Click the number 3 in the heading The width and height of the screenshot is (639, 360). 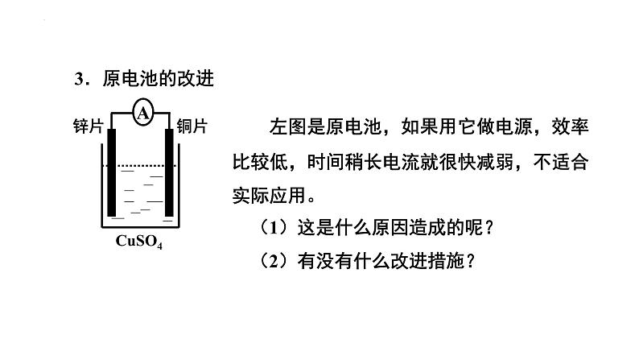click(79, 79)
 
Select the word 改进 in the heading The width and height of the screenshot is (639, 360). click(203, 79)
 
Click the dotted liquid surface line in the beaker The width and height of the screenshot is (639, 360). click(141, 167)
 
